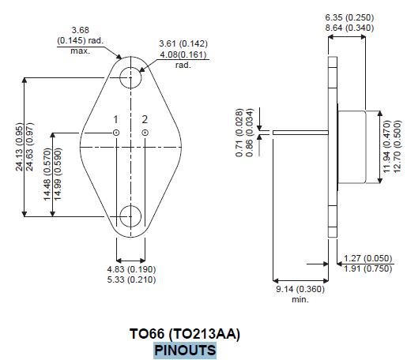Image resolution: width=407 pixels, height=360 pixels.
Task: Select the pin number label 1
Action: [x=115, y=119]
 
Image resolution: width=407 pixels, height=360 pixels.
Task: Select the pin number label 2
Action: [x=145, y=119]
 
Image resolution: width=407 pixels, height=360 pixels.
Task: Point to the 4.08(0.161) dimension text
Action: [x=183, y=55]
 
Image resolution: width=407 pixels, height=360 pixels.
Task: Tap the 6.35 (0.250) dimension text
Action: [x=349, y=17]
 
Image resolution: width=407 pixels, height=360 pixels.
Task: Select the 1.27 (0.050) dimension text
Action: [x=368, y=258]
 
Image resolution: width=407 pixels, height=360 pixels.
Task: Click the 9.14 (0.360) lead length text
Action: [x=300, y=290]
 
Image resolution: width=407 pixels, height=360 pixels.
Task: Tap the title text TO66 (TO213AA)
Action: [x=185, y=334]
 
